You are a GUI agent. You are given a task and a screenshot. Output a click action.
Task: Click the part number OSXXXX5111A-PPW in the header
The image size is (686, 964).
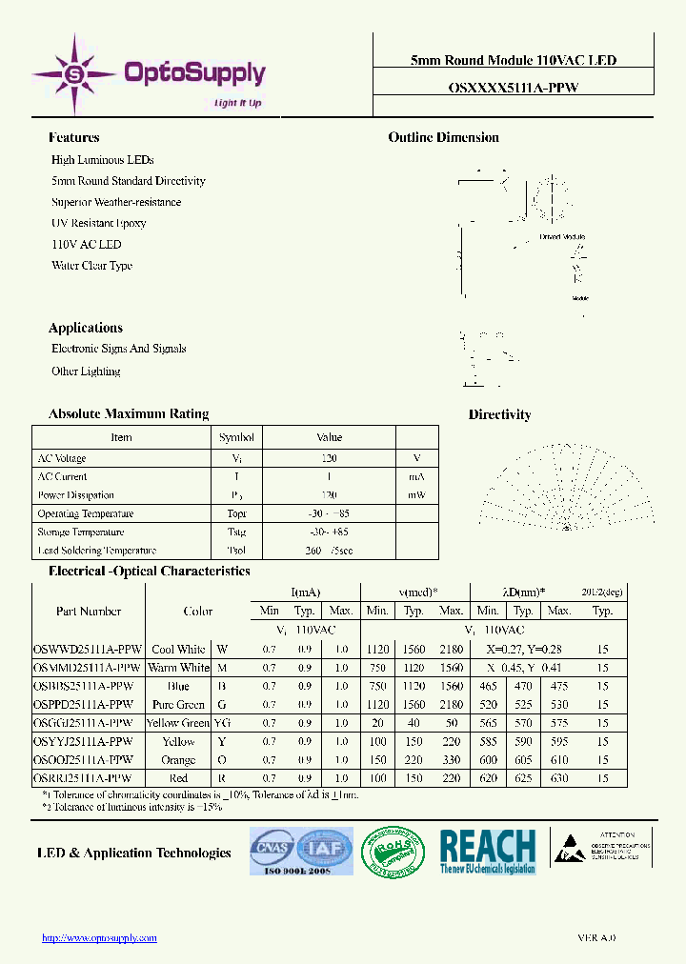click(x=513, y=86)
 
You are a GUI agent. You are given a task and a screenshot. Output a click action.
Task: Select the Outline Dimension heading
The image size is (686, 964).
click(x=443, y=137)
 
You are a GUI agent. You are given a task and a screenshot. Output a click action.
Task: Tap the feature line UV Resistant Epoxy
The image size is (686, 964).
click(x=99, y=223)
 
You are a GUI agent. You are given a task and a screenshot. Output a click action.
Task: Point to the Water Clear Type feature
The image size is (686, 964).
click(x=91, y=266)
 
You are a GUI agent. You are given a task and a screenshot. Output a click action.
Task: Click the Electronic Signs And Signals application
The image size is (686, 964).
click(x=118, y=349)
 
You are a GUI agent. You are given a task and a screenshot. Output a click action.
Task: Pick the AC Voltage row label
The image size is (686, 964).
click(x=62, y=458)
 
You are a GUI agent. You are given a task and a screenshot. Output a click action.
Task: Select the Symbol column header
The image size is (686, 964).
click(x=236, y=437)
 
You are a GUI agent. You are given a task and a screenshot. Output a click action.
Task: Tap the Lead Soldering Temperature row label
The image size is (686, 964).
click(x=97, y=551)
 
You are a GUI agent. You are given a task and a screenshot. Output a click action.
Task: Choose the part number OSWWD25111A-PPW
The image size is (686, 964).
click(x=88, y=650)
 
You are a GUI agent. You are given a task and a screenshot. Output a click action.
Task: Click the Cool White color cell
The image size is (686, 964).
click(x=178, y=650)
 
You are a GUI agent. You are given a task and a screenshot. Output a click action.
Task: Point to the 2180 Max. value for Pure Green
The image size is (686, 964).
click(x=451, y=705)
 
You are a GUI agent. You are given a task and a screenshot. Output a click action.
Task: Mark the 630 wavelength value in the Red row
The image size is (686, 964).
click(x=559, y=778)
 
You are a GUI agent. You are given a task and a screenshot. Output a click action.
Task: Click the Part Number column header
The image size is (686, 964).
click(x=89, y=612)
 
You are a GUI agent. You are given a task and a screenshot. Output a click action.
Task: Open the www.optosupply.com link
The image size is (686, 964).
click(x=99, y=938)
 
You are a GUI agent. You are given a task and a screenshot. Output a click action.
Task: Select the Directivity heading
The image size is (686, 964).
click(x=499, y=414)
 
